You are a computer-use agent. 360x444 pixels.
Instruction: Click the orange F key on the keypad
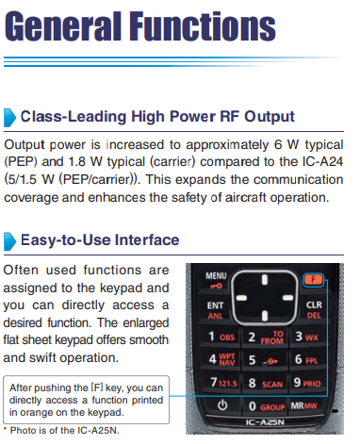[313, 279]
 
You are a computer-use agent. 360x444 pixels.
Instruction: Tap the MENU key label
[216, 276]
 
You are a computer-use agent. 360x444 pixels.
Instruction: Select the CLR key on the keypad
[314, 304]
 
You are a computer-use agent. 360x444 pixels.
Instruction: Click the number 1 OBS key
[221, 337]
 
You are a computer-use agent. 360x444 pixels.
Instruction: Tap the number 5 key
[264, 360]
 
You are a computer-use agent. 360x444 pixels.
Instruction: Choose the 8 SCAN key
[265, 384]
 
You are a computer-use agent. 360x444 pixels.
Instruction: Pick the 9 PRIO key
[307, 383]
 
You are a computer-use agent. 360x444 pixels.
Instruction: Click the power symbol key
[222, 405]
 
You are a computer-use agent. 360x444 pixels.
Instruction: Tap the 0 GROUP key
[266, 406]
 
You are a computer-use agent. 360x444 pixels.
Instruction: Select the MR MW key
[303, 405]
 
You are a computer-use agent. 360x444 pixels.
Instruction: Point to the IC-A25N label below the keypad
[265, 422]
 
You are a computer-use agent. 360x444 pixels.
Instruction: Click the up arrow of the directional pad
[265, 279]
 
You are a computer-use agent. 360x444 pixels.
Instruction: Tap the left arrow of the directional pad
[241, 298]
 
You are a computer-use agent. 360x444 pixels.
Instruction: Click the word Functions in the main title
[203, 26]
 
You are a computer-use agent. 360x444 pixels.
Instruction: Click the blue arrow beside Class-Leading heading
[9, 118]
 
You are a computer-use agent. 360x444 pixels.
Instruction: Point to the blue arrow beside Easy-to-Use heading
[9, 241]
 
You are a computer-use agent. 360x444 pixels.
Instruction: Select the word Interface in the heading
[147, 240]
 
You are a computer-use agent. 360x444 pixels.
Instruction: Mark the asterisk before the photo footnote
[5, 429]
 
